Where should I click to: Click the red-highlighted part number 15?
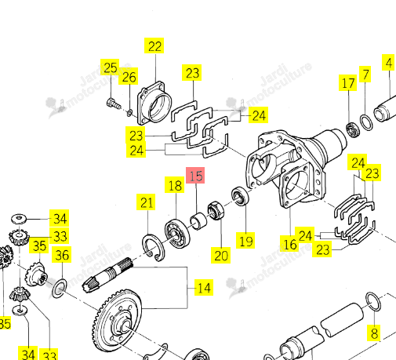195,176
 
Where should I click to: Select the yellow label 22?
154,45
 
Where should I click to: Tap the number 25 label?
110,67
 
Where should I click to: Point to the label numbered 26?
129,77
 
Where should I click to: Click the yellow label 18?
175,185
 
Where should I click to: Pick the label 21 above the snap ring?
146,202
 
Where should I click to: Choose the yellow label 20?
221,255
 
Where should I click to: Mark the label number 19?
245,241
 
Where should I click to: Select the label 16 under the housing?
289,244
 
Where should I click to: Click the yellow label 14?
204,288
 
